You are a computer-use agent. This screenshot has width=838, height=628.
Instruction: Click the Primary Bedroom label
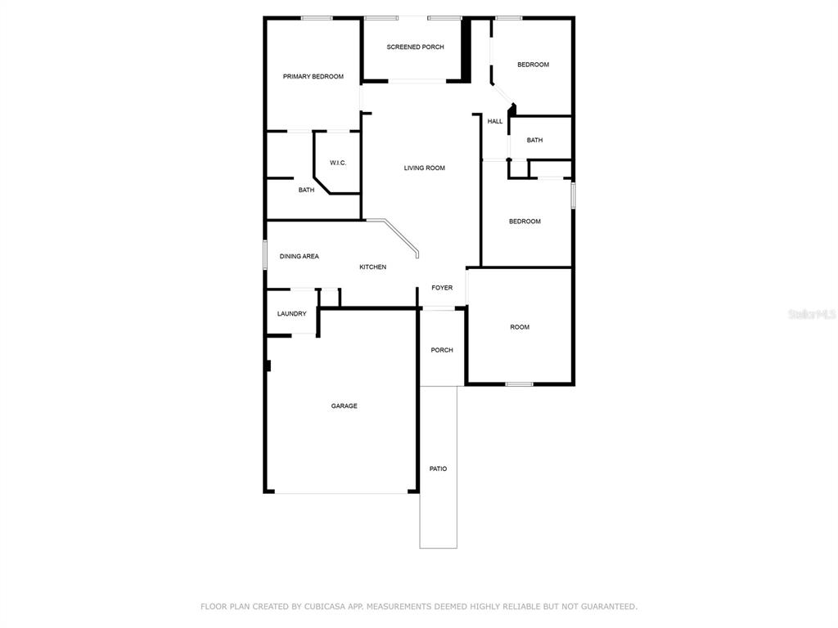pyautogui.click(x=313, y=76)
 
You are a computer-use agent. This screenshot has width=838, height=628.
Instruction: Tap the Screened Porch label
pyautogui.click(x=415, y=47)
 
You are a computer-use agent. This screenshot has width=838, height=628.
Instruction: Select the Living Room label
pyautogui.click(x=425, y=168)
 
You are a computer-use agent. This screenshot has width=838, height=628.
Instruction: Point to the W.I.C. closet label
pyautogui.click(x=338, y=163)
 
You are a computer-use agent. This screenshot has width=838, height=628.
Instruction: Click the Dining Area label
pyautogui.click(x=300, y=256)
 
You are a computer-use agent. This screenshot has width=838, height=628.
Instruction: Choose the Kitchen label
pyautogui.click(x=372, y=267)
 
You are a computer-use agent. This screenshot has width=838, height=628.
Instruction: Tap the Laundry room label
pyautogui.click(x=292, y=313)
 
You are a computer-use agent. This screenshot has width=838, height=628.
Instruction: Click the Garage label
pyautogui.click(x=345, y=406)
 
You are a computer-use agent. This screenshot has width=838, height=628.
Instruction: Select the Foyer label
pyautogui.click(x=442, y=288)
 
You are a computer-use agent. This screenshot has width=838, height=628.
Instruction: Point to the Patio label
pyautogui.click(x=439, y=469)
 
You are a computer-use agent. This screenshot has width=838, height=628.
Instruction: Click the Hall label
pyautogui.click(x=495, y=121)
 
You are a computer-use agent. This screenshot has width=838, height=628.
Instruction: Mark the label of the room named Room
pyautogui.click(x=520, y=327)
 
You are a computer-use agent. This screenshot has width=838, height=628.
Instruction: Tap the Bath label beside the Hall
pyautogui.click(x=534, y=140)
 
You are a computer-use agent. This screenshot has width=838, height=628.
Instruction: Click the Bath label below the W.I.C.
pyautogui.click(x=306, y=190)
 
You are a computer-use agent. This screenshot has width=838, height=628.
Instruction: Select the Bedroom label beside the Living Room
pyautogui.click(x=525, y=221)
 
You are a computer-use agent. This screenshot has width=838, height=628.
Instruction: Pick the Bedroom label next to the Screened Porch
pyautogui.click(x=533, y=65)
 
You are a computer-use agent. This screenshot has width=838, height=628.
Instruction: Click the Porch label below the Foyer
pyautogui.click(x=442, y=350)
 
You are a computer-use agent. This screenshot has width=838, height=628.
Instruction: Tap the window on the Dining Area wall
pyautogui.click(x=265, y=255)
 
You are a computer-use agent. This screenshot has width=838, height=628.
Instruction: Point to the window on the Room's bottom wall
pyautogui.click(x=519, y=384)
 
